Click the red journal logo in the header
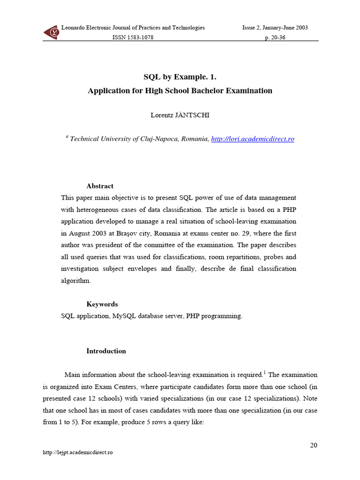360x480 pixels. pos(51,32)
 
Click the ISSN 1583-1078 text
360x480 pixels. pos(133,37)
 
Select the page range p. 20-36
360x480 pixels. pos(275,37)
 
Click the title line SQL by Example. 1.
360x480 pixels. pos(180,77)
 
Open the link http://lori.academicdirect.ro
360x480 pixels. pos(253,139)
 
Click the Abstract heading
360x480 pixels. pos(100,186)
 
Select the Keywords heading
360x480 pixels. pos(102,304)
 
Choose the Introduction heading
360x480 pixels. pos(106,351)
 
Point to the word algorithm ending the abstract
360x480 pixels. pos(75,280)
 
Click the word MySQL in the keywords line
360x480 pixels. pos(124,316)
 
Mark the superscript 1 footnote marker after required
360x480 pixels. pos(264,373)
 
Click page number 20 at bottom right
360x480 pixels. pos(314,445)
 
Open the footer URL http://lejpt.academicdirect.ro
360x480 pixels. pos(78,452)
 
